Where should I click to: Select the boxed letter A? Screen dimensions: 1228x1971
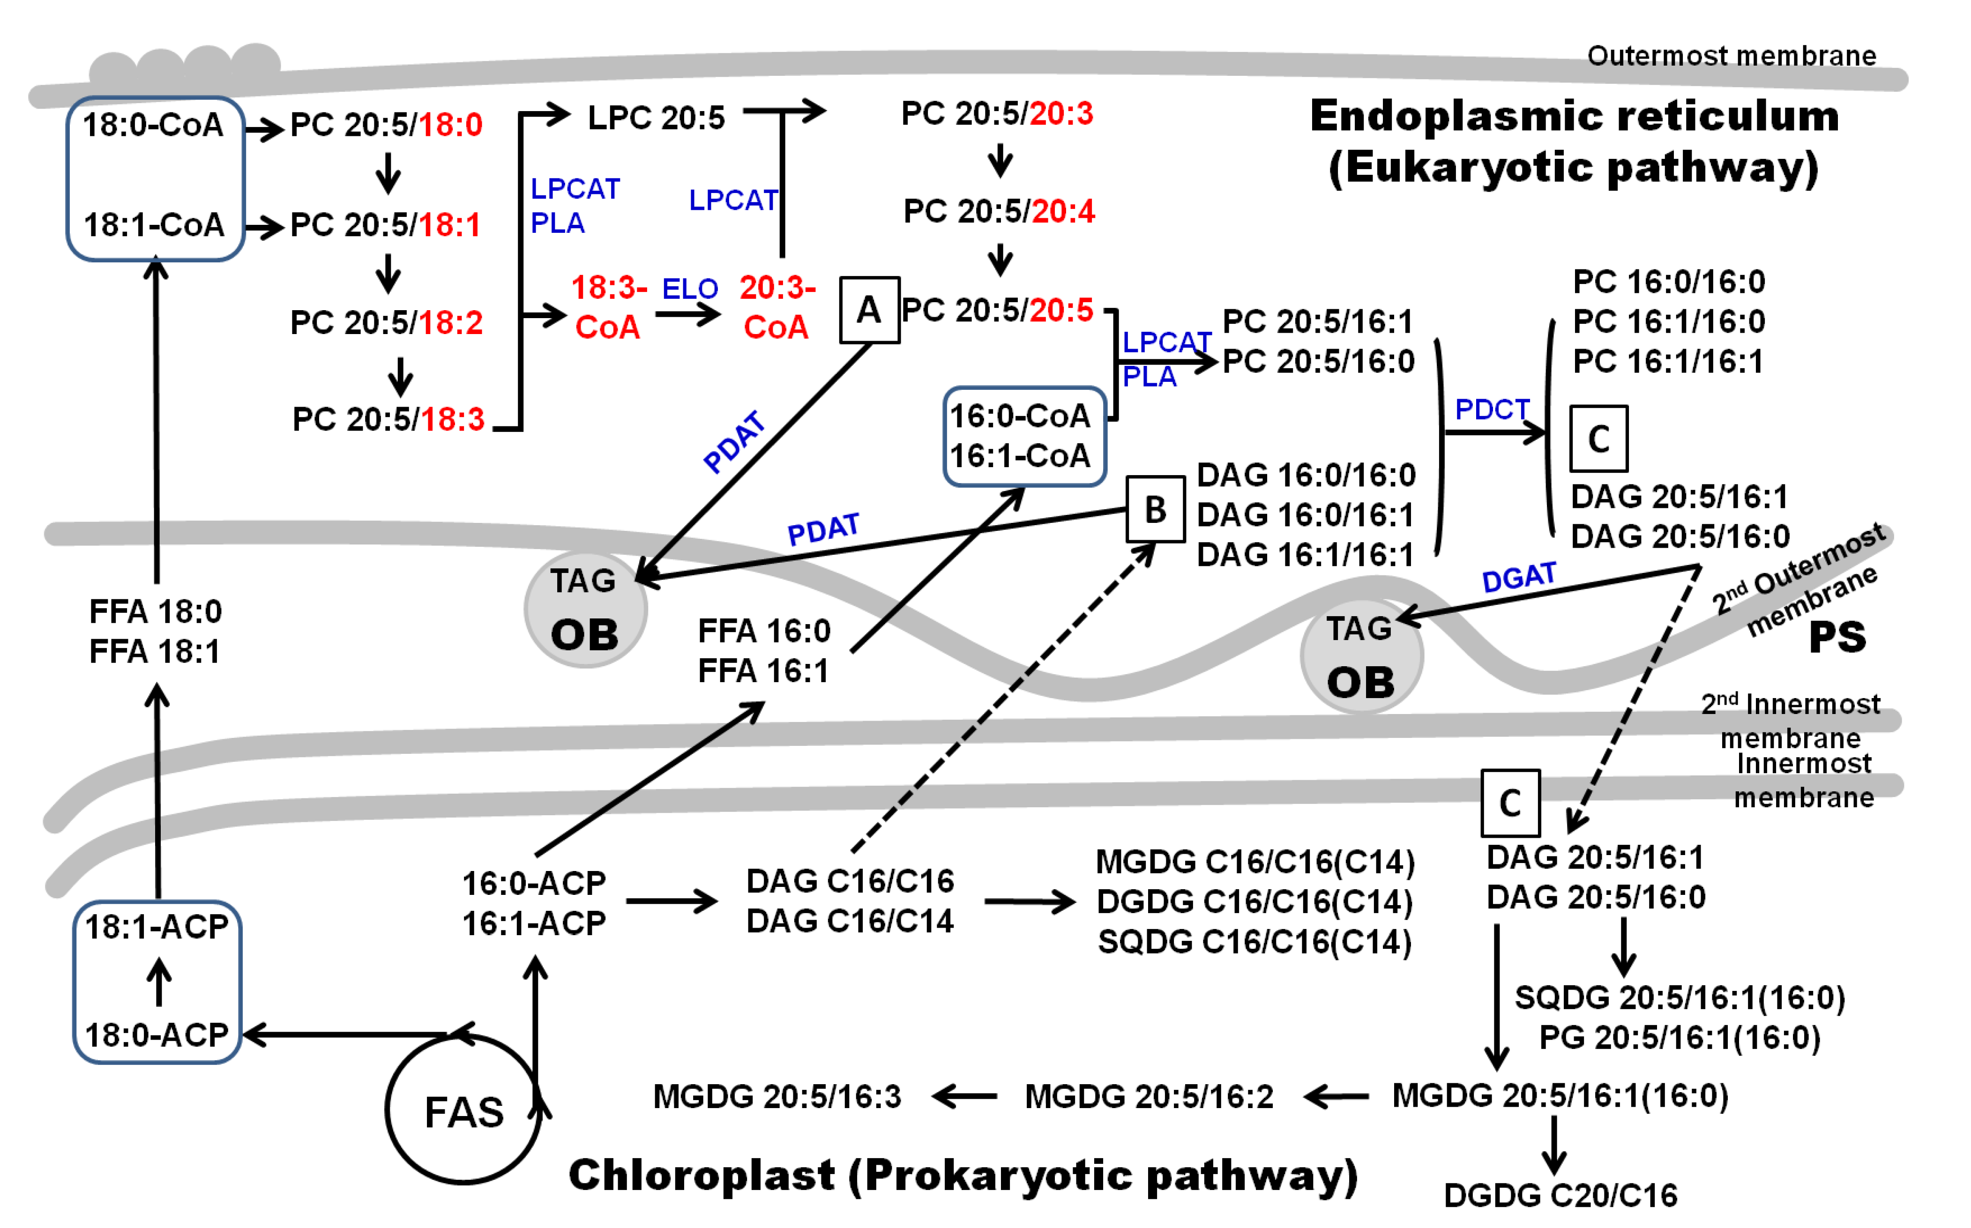pyautogui.click(x=868, y=310)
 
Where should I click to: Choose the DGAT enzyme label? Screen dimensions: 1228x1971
pyautogui.click(x=1519, y=577)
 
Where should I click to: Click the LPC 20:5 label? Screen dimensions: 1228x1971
pyautogui.click(x=656, y=118)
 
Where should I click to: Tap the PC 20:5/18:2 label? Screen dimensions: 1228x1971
pyautogui.click(x=387, y=322)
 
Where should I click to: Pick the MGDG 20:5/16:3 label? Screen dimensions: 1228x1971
pyautogui.click(x=777, y=1096)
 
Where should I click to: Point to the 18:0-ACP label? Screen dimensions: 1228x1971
pyautogui.click(x=157, y=1034)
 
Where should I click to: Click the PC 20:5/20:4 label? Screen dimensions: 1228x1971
pyautogui.click(x=999, y=211)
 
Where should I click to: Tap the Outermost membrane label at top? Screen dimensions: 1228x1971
pyautogui.click(x=1732, y=56)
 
